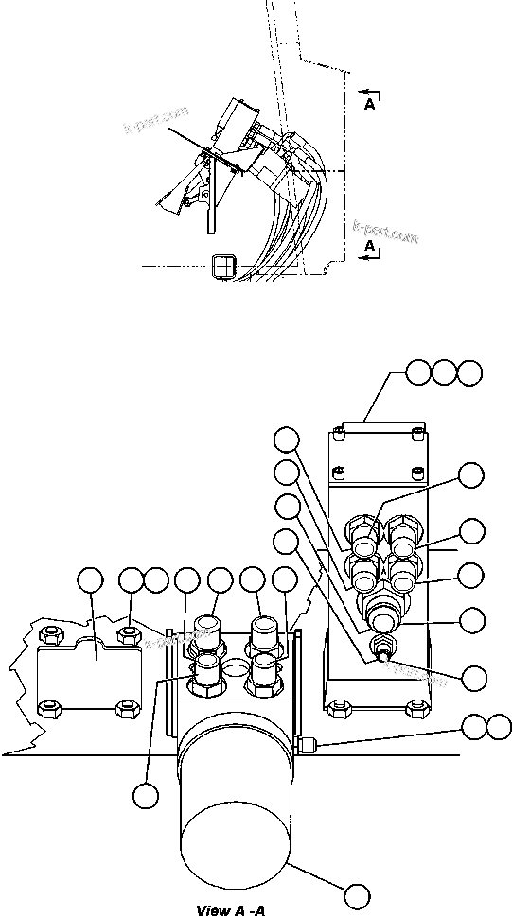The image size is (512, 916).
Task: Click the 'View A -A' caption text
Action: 229,909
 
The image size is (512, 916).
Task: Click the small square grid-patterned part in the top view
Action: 223,267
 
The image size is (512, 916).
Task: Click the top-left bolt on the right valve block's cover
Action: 339,434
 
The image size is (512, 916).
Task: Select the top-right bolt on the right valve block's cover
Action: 417,434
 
